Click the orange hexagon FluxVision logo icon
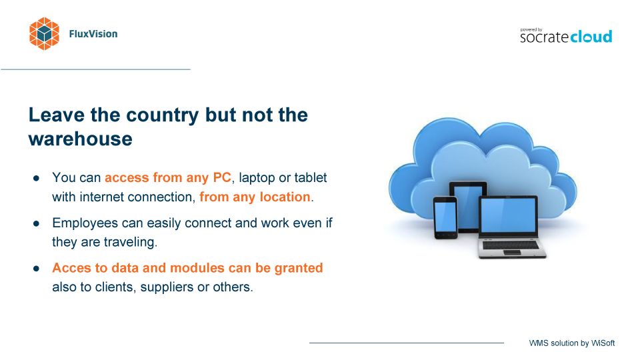44,34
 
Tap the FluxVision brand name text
93,34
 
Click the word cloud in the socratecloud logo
591,36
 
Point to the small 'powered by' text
531,30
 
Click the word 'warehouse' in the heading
81,139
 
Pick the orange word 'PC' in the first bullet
222,177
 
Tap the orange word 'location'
285,197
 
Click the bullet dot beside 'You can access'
36,179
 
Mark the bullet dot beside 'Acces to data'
36,269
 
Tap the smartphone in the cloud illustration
445,217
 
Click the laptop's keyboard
511,245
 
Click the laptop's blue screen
508,216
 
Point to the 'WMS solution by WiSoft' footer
572,343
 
